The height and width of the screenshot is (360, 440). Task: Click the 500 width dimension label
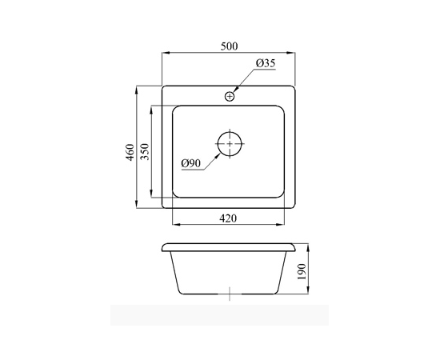229,46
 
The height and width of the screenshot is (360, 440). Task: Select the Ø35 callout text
266,63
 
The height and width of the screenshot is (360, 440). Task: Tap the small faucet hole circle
230,97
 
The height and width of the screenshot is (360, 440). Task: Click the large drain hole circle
230,143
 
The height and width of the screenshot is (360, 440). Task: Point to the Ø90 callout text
191,163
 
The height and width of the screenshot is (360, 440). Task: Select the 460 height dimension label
130,152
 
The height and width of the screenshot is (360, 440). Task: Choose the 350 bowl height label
145,151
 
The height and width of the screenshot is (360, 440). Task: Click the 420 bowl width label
228,218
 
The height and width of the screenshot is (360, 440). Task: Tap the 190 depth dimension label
302,271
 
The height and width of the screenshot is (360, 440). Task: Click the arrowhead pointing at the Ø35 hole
236,89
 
